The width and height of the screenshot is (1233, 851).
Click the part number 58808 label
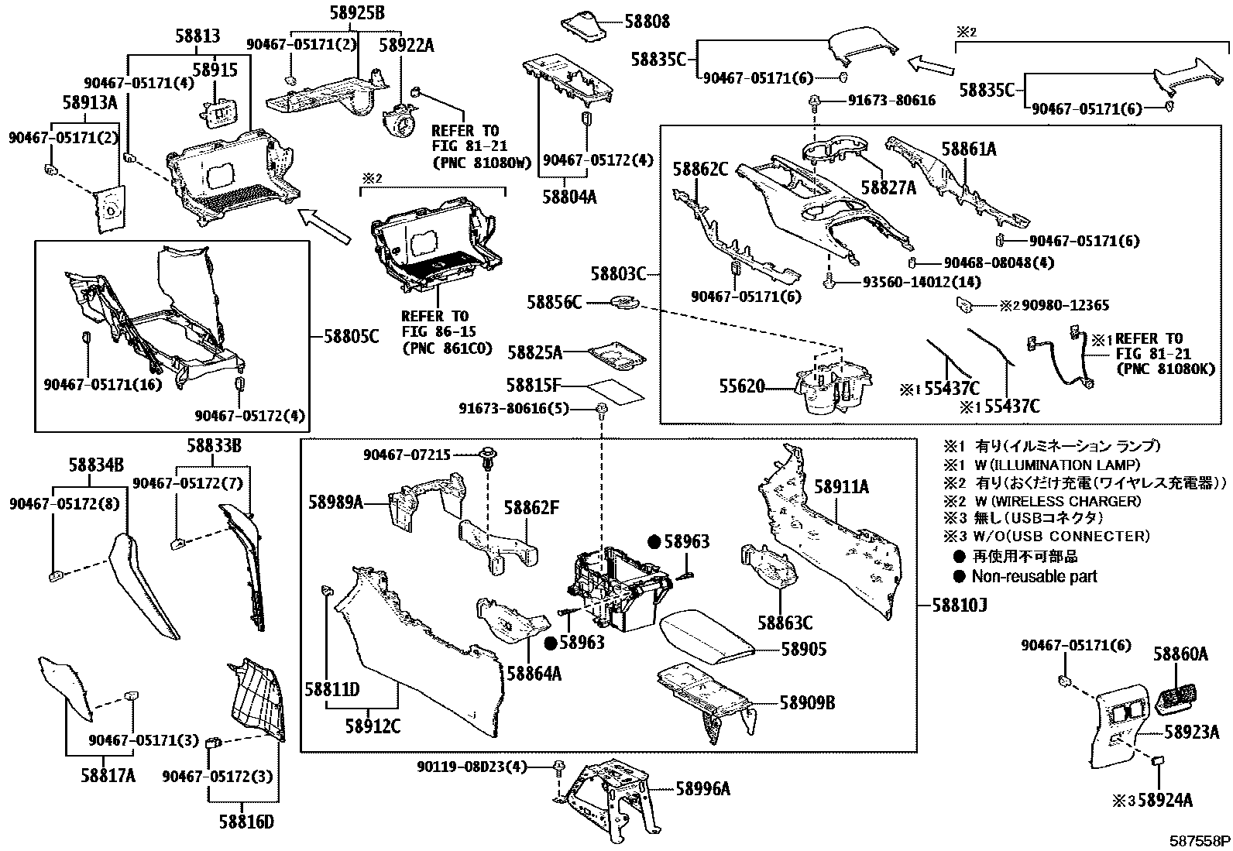coord(647,22)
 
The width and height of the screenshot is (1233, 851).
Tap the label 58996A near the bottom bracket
coord(702,788)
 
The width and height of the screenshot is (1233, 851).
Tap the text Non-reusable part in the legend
coord(1034,576)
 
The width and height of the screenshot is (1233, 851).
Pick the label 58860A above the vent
coord(1180,654)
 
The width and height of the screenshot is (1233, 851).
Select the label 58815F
coord(534,385)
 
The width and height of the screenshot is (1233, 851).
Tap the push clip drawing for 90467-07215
coord(488,459)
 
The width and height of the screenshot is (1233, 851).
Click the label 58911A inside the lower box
coord(841,486)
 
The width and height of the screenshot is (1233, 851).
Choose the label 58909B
coord(807,702)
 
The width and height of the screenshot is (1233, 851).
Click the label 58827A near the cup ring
coord(888,187)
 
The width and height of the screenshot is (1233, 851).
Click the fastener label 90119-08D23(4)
coord(471,767)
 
